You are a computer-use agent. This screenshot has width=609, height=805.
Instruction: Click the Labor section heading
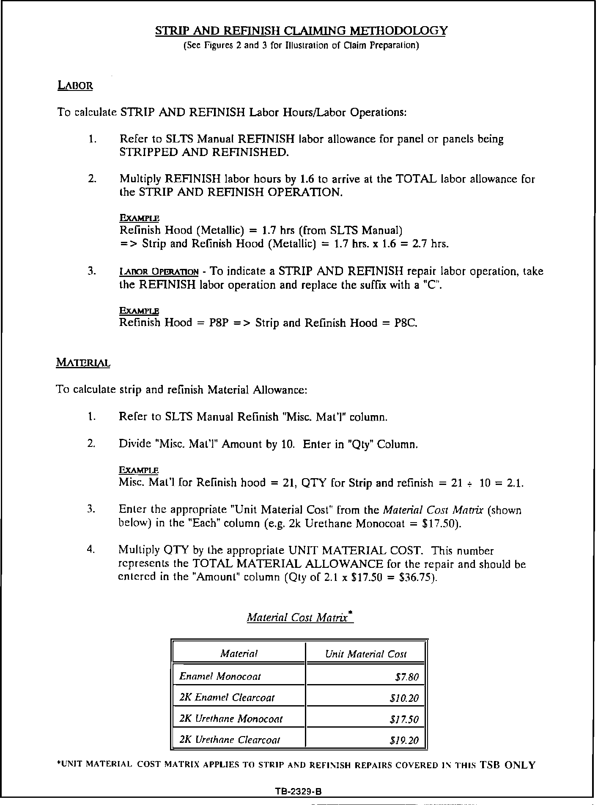pyautogui.click(x=75, y=86)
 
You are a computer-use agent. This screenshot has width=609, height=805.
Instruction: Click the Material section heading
pyautogui.click(x=83, y=363)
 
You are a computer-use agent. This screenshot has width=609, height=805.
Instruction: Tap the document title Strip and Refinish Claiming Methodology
pyautogui.click(x=301, y=31)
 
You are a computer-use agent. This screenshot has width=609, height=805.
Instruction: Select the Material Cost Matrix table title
pyautogui.click(x=300, y=617)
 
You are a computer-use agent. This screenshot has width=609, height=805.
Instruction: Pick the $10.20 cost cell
pyautogui.click(x=404, y=698)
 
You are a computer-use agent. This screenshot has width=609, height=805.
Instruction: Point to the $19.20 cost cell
pyautogui.click(x=404, y=740)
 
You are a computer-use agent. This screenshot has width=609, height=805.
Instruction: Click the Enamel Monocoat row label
pyautogui.click(x=220, y=676)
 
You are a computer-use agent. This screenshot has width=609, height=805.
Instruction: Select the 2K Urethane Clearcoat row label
pyautogui.click(x=230, y=740)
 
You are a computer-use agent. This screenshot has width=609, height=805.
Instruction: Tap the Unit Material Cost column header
pyautogui.click(x=366, y=654)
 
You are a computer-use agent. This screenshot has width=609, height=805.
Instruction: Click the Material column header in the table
pyautogui.click(x=239, y=654)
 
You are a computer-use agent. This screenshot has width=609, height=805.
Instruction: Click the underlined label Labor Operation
pyautogui.click(x=159, y=272)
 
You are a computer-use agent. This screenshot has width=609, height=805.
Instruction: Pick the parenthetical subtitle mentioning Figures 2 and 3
pyautogui.click(x=301, y=45)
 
